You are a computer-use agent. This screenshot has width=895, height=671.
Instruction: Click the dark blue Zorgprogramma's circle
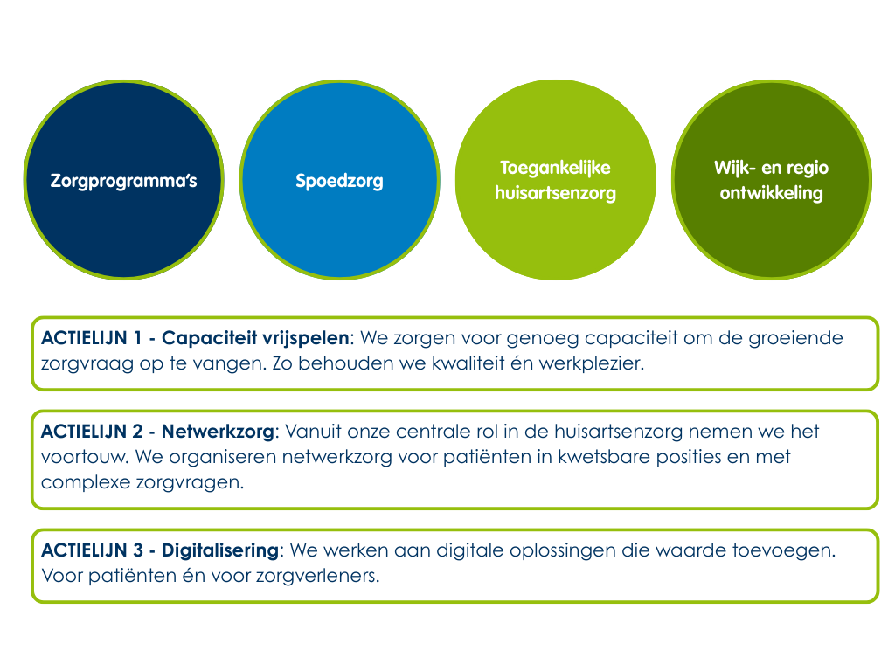[123, 180]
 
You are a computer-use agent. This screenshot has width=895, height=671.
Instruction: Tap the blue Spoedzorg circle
[339, 180]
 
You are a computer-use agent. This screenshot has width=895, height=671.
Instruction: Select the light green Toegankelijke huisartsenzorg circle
[555, 180]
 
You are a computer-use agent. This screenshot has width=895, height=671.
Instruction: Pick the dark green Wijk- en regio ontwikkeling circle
[771, 180]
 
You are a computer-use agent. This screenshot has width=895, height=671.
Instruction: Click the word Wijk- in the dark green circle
[735, 168]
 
